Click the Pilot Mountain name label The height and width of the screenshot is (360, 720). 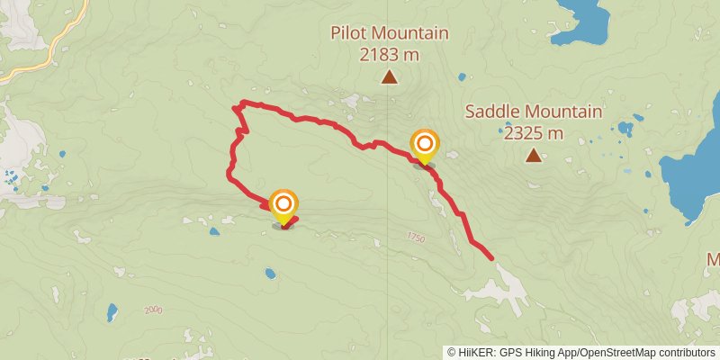(389, 34)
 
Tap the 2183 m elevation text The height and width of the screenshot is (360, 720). (389, 54)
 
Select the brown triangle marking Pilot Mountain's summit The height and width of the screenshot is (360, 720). (389, 77)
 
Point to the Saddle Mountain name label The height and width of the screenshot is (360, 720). (533, 112)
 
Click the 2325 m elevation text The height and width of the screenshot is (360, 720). (533, 133)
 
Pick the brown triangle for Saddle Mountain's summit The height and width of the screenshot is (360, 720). (534, 157)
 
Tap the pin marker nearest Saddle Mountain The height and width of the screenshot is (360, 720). (424, 146)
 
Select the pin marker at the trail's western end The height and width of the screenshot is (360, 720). (283, 205)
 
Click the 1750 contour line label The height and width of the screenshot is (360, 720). (414, 238)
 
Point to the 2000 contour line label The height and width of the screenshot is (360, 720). (152, 310)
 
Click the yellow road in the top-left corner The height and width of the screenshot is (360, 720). (49, 45)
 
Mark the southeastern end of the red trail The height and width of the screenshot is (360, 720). (491, 258)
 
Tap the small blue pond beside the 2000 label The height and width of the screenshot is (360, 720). (112, 312)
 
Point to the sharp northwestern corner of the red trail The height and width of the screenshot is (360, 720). (236, 108)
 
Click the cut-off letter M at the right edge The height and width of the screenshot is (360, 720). (714, 260)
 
